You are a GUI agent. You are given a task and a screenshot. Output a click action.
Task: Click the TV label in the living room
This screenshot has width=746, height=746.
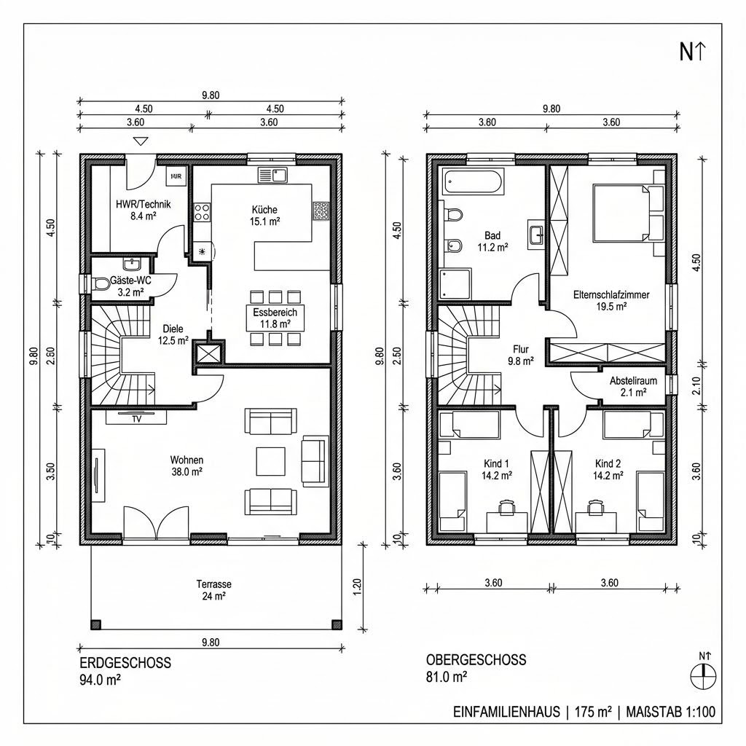point(136,419)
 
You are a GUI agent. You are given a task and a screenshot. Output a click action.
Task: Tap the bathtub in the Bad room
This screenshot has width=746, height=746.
point(473,181)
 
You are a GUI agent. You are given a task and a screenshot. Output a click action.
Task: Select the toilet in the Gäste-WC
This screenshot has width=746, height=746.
point(101,284)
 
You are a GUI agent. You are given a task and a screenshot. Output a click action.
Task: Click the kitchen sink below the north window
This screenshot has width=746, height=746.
point(272,175)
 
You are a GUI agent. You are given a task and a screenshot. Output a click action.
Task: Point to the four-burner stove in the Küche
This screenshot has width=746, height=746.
point(203,212)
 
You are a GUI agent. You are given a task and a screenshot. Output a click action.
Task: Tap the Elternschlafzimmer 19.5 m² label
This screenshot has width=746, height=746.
point(611,300)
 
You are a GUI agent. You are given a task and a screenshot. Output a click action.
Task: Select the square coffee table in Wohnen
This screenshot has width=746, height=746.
point(271,461)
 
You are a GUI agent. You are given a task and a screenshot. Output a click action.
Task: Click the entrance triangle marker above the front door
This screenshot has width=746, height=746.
point(141,141)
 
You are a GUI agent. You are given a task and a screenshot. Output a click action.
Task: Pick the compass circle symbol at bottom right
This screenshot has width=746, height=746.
point(703,676)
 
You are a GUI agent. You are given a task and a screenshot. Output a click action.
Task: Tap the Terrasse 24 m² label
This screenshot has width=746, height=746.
point(213,590)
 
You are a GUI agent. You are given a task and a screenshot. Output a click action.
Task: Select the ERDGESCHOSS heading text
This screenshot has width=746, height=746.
point(125,663)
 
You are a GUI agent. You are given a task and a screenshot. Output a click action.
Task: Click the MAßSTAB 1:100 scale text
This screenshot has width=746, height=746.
point(671,712)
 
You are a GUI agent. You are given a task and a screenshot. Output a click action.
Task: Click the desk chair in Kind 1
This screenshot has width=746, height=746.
point(507,507)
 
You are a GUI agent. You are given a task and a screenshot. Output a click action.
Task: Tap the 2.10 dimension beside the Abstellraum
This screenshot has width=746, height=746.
point(696,385)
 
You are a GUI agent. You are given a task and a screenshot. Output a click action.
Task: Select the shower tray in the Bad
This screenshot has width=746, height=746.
point(455,283)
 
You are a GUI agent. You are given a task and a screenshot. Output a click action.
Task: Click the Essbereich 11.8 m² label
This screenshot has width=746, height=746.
point(275,318)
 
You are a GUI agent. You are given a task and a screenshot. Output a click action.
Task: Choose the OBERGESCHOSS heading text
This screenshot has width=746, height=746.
point(476,660)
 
